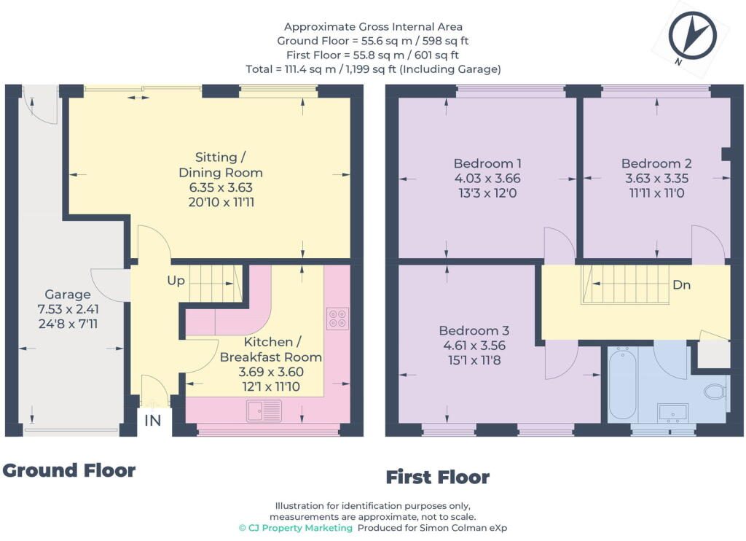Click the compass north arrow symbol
pos(692,36)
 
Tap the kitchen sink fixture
pos(264,411)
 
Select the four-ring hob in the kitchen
pos(337,319)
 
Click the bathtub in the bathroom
pos(622,384)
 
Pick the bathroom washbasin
pos(672,413)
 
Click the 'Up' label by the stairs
pos(176,281)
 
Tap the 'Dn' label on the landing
pos(681,285)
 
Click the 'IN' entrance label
pos(152,421)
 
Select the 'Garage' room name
pos(68,295)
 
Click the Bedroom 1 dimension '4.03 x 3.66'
pos(487,179)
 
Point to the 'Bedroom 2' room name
pos(656,163)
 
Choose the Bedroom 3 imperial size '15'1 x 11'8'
pos(474,360)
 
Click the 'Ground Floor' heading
pos(69,470)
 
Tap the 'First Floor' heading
pos(438,477)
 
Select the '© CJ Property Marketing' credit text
pos(296,528)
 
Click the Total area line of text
pos(373,69)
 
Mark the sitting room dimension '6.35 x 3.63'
pos(221,187)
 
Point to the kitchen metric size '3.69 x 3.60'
pos(271,371)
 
